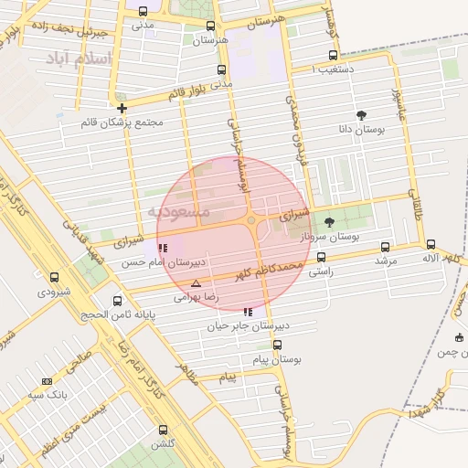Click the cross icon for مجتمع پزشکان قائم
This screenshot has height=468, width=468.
(122, 108)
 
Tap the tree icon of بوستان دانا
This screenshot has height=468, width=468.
(361, 115)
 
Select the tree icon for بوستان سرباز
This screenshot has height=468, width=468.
(329, 222)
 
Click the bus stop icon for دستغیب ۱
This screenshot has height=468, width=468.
(333, 55)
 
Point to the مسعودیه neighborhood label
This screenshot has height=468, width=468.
(179, 212)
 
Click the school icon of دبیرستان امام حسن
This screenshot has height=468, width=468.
(163, 248)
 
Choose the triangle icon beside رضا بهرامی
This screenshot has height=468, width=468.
(196, 284)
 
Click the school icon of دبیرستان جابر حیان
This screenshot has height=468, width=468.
(248, 312)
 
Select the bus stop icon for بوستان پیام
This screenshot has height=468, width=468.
(277, 345)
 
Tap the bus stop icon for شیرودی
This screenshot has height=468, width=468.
(54, 277)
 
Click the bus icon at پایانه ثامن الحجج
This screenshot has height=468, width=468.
(117, 301)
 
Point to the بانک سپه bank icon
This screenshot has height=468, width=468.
(47, 381)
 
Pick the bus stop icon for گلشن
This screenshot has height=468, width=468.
(163, 429)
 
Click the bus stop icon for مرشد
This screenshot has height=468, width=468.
(384, 247)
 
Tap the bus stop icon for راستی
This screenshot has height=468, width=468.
(320, 258)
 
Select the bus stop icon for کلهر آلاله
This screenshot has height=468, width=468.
(431, 244)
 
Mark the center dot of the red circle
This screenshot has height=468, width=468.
(250, 220)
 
